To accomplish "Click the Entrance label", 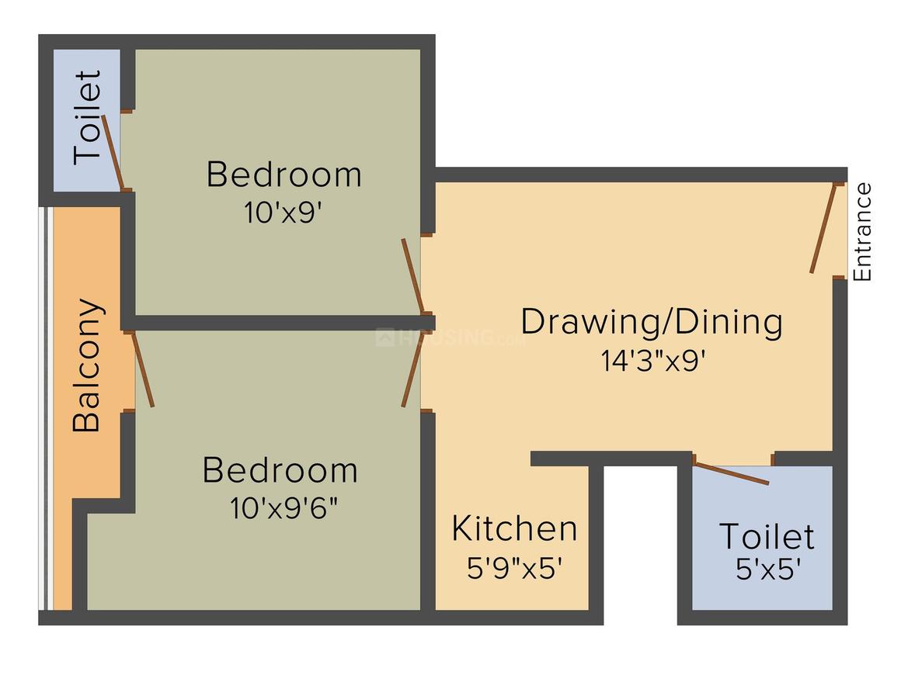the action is click(x=862, y=232).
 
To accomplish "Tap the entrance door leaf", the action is click(x=823, y=228).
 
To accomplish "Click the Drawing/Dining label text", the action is click(x=652, y=323).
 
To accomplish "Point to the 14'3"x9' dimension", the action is click(x=652, y=361).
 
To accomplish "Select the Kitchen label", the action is click(x=514, y=528).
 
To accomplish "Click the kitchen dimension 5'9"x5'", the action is click(x=513, y=568).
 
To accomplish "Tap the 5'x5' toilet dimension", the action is click(x=768, y=569).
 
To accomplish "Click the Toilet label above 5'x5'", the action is click(x=767, y=537).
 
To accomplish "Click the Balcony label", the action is click(x=87, y=365).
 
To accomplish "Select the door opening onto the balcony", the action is click(x=142, y=369).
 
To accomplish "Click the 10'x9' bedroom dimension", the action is click(x=283, y=213).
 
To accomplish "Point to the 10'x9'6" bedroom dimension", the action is click(x=284, y=508).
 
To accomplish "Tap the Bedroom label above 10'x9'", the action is click(x=284, y=175).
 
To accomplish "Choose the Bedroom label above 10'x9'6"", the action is click(x=280, y=470).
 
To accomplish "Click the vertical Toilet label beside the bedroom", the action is click(x=87, y=118).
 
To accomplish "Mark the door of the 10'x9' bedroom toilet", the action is click(x=113, y=153).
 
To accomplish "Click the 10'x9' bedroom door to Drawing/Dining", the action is click(x=412, y=276).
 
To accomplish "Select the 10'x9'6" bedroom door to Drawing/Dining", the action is click(x=412, y=369).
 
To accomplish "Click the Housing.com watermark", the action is click(x=450, y=337).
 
